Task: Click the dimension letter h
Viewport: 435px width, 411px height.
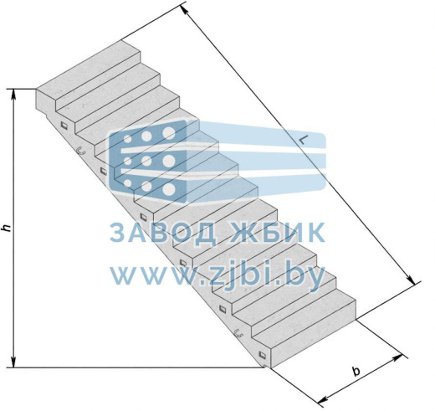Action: coord(6,228)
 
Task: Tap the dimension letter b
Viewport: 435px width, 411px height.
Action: coord(356,371)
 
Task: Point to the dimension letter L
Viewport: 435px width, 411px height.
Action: coord(304,140)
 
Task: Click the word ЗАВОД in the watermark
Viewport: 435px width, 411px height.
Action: coord(162,233)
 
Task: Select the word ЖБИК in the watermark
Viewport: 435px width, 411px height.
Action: coord(277,233)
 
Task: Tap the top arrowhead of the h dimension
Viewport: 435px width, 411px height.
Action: coord(13,95)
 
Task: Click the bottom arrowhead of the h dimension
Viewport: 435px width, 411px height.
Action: coord(13,362)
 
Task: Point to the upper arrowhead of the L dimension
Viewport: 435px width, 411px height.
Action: coord(184,10)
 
